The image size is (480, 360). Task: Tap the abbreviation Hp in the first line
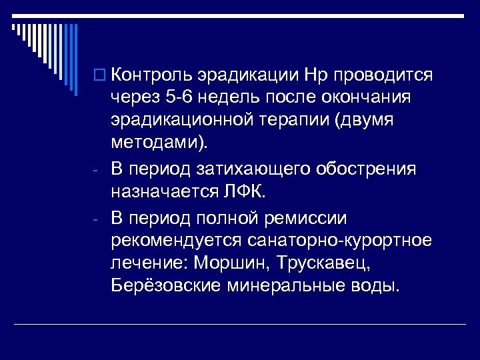point(317,73)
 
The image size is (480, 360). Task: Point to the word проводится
point(385,73)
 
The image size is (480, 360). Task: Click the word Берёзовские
point(165,288)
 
